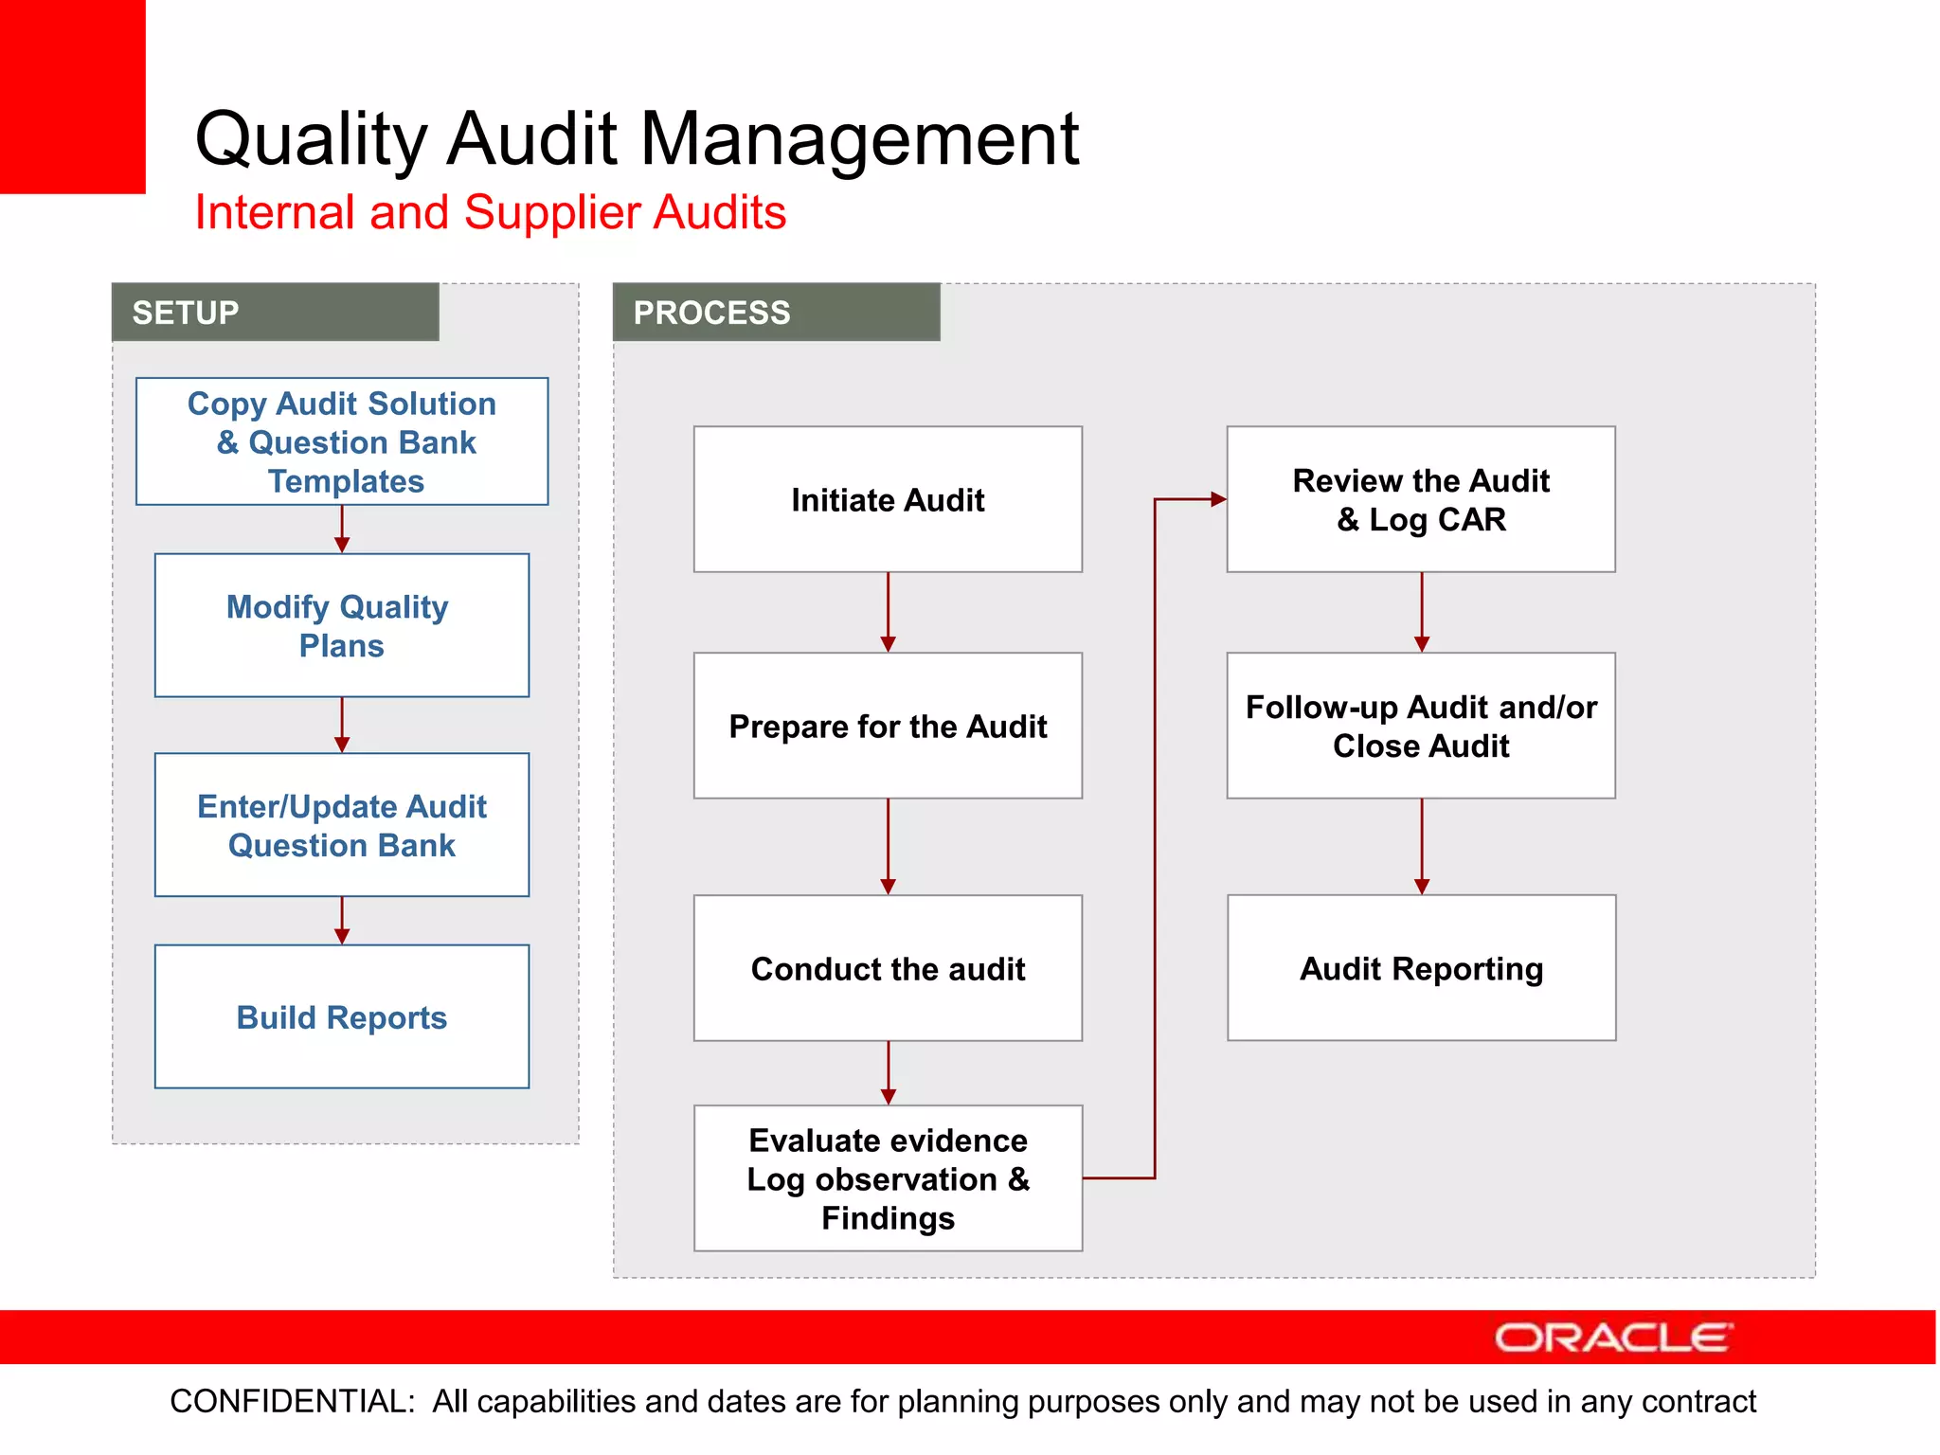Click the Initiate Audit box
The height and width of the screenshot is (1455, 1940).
888,499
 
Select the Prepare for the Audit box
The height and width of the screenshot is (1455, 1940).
888,726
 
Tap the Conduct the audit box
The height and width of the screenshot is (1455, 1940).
888,968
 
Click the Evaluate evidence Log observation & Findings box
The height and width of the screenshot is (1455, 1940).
888,1178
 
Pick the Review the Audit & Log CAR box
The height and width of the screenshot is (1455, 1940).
1421,499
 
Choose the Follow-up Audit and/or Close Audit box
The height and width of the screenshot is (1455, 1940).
1421,726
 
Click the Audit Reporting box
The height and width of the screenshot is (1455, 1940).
1421,968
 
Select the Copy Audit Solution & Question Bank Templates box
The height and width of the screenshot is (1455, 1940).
342,441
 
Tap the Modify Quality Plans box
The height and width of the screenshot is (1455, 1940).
342,625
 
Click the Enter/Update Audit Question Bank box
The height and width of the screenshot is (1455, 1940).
342,825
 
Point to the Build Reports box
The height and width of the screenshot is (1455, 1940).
342,1016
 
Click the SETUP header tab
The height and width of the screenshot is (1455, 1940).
275,313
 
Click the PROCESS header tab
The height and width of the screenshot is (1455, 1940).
776,313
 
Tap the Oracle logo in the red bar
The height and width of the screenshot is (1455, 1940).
1613,1338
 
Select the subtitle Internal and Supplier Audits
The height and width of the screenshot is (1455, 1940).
490,212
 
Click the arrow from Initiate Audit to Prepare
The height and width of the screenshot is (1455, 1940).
888,611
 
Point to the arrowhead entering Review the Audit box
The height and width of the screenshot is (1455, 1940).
1217,499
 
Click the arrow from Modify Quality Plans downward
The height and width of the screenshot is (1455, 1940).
342,726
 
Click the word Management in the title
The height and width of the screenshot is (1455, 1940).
859,139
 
